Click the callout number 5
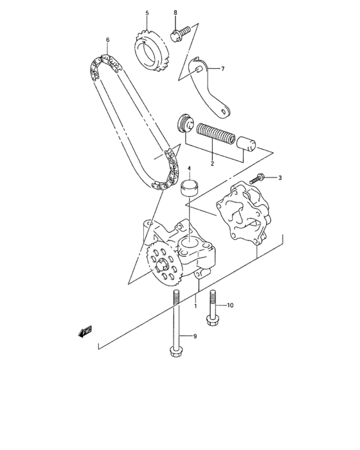click(x=146, y=13)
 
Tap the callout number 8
click(x=175, y=12)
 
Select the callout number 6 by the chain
click(x=107, y=40)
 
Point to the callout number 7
click(x=222, y=68)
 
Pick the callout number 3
click(x=280, y=177)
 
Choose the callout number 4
click(x=189, y=169)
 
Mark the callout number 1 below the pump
click(x=195, y=306)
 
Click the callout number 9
click(x=195, y=336)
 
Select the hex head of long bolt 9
click(x=175, y=351)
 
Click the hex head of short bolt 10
click(x=211, y=319)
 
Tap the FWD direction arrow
click(x=85, y=330)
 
